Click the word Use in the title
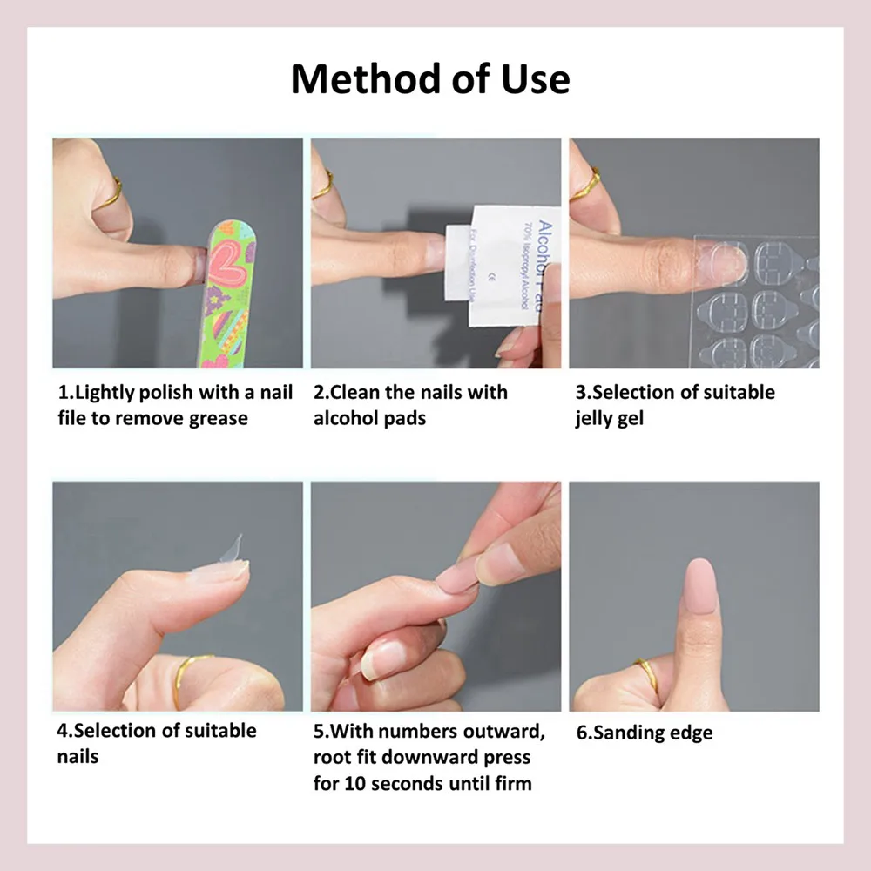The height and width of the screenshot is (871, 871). (x=530, y=78)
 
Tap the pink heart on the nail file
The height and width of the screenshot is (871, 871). (x=227, y=267)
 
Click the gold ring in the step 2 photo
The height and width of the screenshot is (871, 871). (x=324, y=185)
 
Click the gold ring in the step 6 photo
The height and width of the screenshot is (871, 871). (x=646, y=673)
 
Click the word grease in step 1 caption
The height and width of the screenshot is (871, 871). (x=218, y=418)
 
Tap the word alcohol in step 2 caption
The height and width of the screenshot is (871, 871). (x=344, y=418)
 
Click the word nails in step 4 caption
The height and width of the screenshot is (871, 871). (x=78, y=756)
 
